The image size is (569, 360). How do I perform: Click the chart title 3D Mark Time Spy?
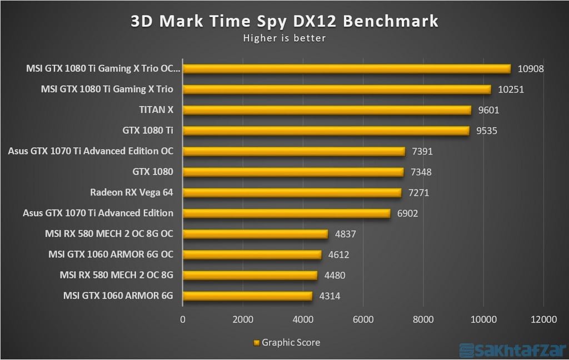pyautogui.click(x=284, y=21)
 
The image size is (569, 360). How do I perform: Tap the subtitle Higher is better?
pyautogui.click(x=284, y=38)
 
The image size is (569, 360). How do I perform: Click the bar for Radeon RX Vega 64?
pyautogui.click(x=292, y=193)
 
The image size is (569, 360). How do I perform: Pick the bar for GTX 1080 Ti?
pyautogui.click(x=326, y=131)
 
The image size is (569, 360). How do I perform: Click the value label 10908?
pyautogui.click(x=530, y=69)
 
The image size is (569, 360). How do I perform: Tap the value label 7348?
pyautogui.click(x=421, y=172)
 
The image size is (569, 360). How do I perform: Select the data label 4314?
pyautogui.click(x=330, y=296)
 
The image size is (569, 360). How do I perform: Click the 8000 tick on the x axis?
pyautogui.click(x=423, y=319)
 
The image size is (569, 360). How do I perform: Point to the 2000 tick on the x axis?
pyautogui.click(x=243, y=319)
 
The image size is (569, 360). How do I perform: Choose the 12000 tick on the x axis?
pyautogui.click(x=543, y=319)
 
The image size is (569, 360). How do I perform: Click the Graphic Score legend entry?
pyautogui.click(x=287, y=342)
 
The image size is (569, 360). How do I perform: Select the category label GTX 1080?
pyautogui.click(x=152, y=172)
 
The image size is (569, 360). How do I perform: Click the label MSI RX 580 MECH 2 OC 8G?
pyautogui.click(x=116, y=275)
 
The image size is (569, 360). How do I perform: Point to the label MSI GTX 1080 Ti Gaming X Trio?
pyautogui.click(x=107, y=89)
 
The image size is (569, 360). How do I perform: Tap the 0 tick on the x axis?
pyautogui.click(x=183, y=319)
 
